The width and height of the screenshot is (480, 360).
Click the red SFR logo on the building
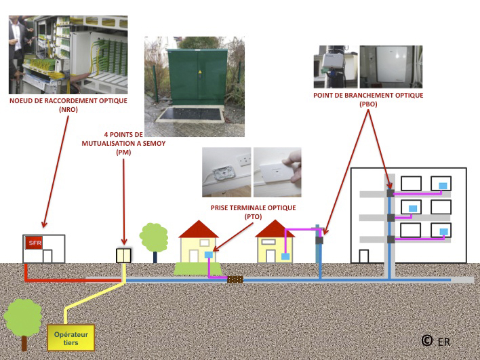34,243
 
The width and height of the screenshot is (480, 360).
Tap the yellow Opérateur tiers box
71,338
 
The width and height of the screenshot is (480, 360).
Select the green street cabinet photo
195,87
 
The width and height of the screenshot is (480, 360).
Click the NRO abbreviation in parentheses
68,109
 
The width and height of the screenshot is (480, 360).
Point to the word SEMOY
154,143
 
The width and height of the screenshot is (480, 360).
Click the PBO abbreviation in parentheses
368,104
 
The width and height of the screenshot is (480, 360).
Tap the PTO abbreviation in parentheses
253,217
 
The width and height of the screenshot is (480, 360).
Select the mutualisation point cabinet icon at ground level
123,256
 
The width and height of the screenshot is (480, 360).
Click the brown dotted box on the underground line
235,279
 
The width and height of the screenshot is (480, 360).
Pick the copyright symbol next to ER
427,340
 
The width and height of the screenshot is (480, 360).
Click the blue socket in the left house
208,255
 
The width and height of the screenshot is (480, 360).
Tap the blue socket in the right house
285,256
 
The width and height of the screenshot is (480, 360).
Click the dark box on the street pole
319,240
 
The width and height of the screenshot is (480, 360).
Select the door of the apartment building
363,256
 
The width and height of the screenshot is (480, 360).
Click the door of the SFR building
47,256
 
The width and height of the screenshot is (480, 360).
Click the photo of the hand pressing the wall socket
277,172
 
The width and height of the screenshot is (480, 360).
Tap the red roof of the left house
199,229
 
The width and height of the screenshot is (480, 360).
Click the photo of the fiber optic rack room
68,55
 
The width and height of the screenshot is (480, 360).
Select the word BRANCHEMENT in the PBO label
369,95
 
